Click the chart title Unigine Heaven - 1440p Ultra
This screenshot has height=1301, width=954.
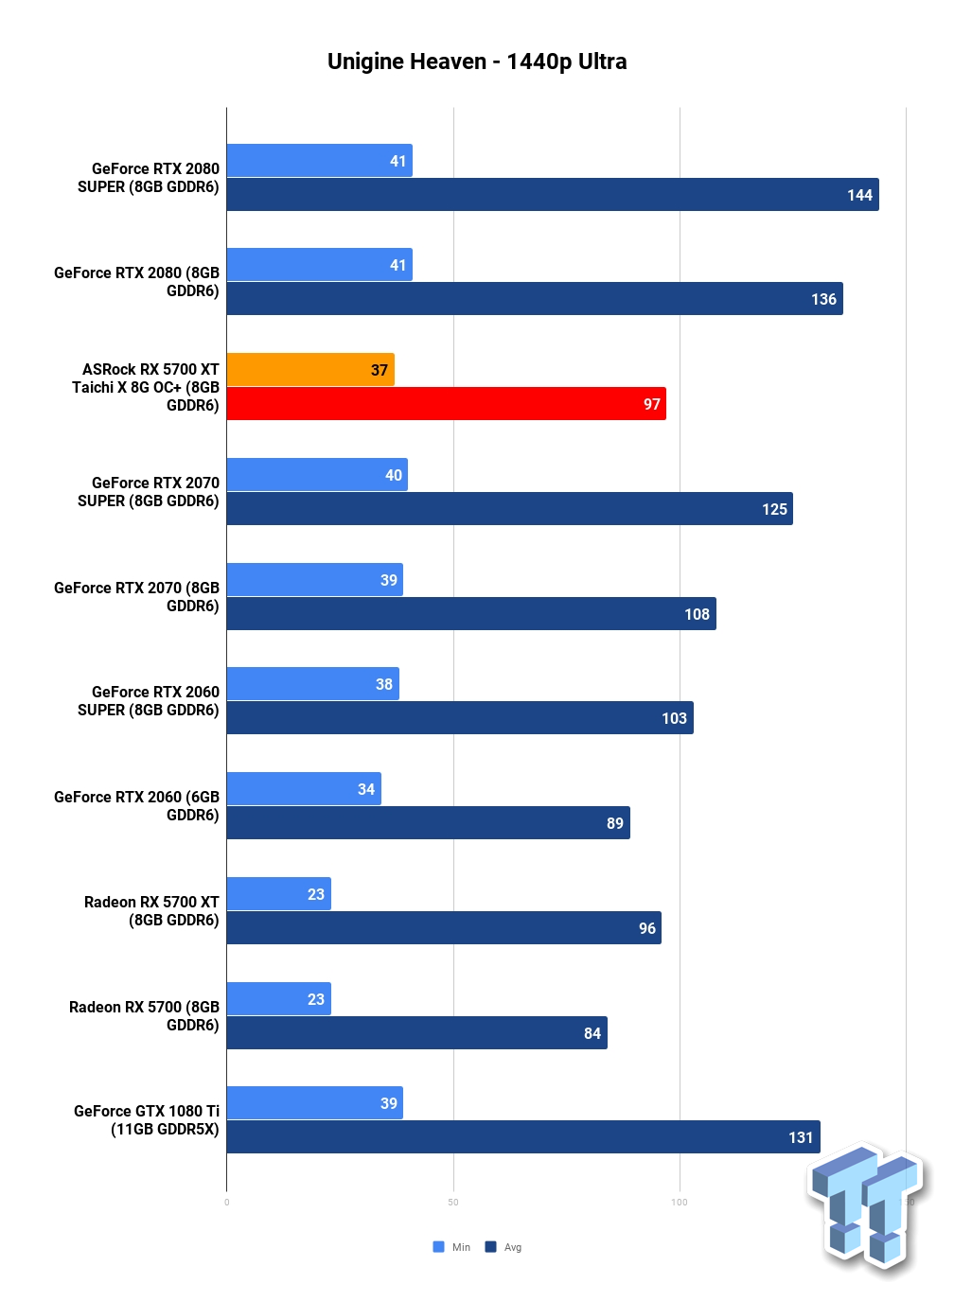(477, 62)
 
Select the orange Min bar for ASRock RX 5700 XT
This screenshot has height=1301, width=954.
(310, 369)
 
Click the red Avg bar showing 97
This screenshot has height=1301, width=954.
(446, 404)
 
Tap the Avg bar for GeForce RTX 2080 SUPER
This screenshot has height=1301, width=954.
(553, 195)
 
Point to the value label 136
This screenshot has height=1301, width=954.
(823, 299)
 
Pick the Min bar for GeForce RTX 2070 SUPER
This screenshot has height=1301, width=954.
(317, 475)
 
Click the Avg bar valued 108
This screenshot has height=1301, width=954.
(471, 613)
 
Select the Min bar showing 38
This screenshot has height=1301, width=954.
(313, 683)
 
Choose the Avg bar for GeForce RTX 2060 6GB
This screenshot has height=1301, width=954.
(428, 822)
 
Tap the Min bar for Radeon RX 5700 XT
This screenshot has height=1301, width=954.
(279, 893)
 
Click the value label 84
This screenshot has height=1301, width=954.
(592, 1033)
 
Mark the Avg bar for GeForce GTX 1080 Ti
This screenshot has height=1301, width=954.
(523, 1136)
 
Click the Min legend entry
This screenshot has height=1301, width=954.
(451, 1247)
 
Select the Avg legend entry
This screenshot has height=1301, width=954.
(503, 1247)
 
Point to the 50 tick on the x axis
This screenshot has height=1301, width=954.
(453, 1203)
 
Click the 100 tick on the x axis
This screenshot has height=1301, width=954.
(680, 1203)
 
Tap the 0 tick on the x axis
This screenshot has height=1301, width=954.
(226, 1203)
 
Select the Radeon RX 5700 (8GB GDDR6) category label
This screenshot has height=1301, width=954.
(144, 1016)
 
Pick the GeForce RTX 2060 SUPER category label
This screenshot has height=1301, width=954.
(149, 701)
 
